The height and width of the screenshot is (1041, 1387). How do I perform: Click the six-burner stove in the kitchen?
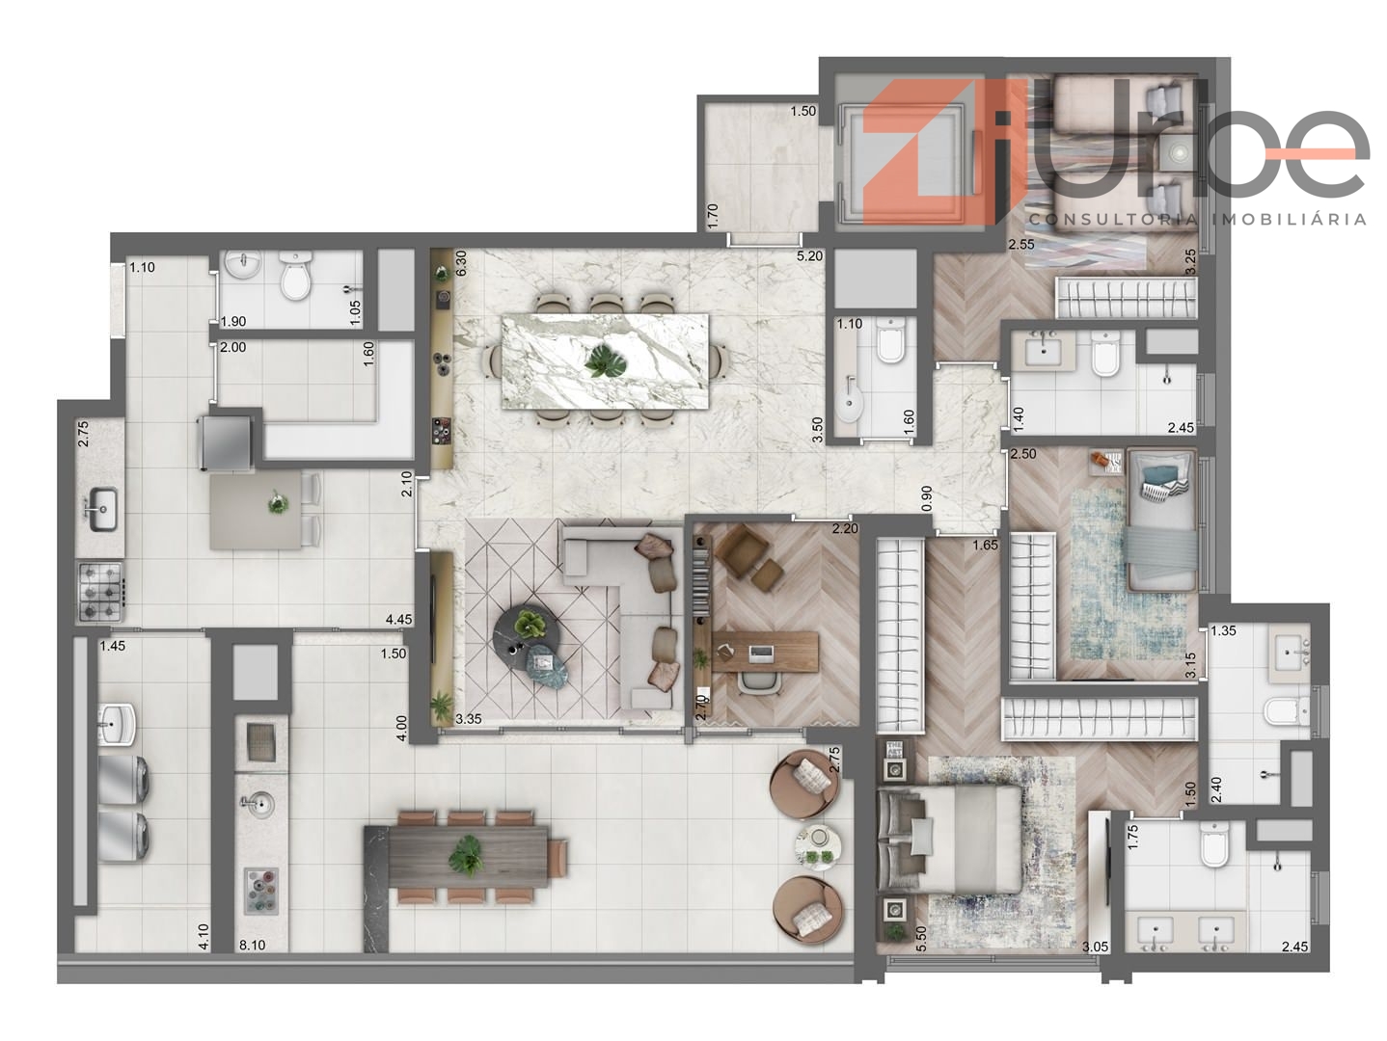(x=101, y=592)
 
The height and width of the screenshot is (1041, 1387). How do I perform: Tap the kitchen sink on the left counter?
(x=101, y=509)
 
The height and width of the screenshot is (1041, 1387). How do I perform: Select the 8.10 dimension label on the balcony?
(x=252, y=945)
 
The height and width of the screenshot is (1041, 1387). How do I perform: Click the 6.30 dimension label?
(x=461, y=263)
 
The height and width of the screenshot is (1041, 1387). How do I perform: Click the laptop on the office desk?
(x=760, y=654)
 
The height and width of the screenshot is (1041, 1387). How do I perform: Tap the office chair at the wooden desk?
(x=759, y=683)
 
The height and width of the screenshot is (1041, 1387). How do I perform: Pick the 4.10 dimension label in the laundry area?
(x=204, y=937)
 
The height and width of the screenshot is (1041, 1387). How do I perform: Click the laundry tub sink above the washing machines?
(x=117, y=725)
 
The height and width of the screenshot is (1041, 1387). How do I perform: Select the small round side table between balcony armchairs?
(x=819, y=846)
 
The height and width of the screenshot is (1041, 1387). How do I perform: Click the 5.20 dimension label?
(x=809, y=256)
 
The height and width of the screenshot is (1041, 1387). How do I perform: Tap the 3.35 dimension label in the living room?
(x=468, y=718)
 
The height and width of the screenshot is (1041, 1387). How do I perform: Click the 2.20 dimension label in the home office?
(x=845, y=529)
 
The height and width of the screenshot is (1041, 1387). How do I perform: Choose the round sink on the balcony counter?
(x=258, y=803)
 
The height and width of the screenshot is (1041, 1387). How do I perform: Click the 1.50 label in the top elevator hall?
(x=803, y=111)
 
